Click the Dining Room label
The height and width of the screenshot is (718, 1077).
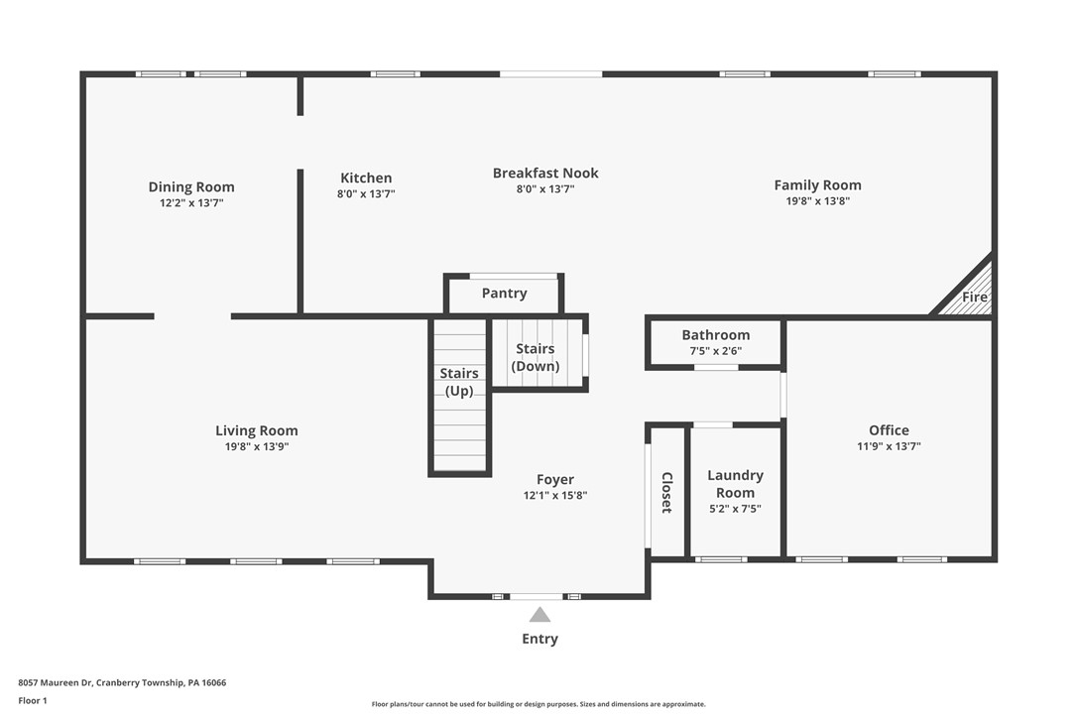point(191,186)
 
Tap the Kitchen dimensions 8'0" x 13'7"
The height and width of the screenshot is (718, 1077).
point(366,194)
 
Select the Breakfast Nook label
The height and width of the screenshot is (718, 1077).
point(545,173)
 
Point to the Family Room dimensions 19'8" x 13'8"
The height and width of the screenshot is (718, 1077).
point(817,200)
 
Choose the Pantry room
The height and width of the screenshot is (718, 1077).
point(504,294)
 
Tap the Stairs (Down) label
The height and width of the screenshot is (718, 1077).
point(536,358)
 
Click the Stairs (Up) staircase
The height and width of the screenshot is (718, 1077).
point(460,397)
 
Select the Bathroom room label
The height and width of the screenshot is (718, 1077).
point(715,335)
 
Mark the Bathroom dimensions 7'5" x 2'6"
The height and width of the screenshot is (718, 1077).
point(715,351)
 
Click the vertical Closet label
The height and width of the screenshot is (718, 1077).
point(666,492)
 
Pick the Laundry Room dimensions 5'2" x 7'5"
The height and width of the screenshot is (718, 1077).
point(735,509)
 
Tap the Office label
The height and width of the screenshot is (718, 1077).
point(889,430)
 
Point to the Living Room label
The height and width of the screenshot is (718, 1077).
point(257,430)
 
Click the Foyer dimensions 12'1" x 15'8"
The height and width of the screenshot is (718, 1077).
point(555,496)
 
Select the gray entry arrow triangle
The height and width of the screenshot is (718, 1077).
point(539,615)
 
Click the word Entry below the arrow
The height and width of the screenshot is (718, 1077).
point(539,639)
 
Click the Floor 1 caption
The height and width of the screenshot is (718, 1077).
point(33,700)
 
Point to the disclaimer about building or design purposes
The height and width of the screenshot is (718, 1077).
point(538,704)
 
